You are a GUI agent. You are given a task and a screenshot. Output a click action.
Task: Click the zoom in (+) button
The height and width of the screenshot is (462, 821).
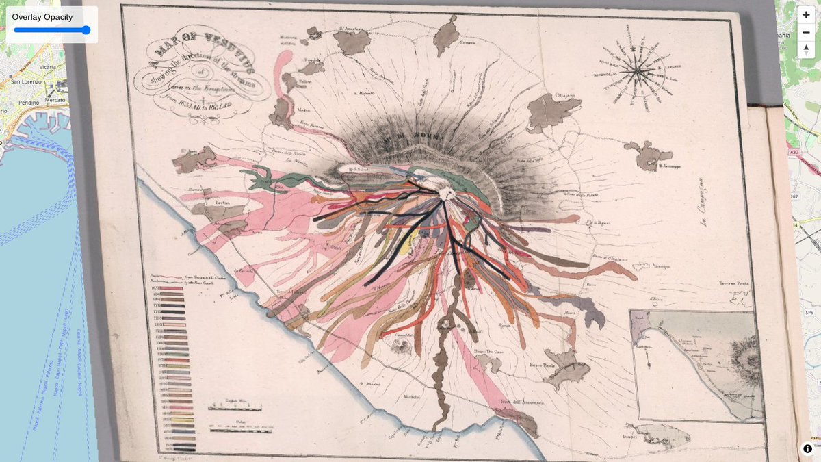tap(806, 14)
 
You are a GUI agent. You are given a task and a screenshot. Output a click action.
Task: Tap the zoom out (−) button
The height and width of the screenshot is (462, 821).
tap(806, 32)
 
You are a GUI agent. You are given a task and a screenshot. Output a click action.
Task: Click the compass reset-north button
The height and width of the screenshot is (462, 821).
tap(806, 49)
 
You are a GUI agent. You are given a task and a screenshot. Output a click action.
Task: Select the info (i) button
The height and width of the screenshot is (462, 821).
tap(807, 448)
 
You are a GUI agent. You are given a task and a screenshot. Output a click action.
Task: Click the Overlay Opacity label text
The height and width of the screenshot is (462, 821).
tap(42, 17)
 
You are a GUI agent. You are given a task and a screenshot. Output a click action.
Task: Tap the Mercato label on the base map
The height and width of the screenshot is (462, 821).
tap(54, 99)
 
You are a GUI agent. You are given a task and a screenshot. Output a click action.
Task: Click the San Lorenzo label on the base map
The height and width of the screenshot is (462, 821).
tap(26, 81)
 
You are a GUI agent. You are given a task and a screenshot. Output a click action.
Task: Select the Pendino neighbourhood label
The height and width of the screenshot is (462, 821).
tap(28, 101)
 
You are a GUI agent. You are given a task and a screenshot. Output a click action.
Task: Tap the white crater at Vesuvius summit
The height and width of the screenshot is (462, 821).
tap(447, 194)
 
